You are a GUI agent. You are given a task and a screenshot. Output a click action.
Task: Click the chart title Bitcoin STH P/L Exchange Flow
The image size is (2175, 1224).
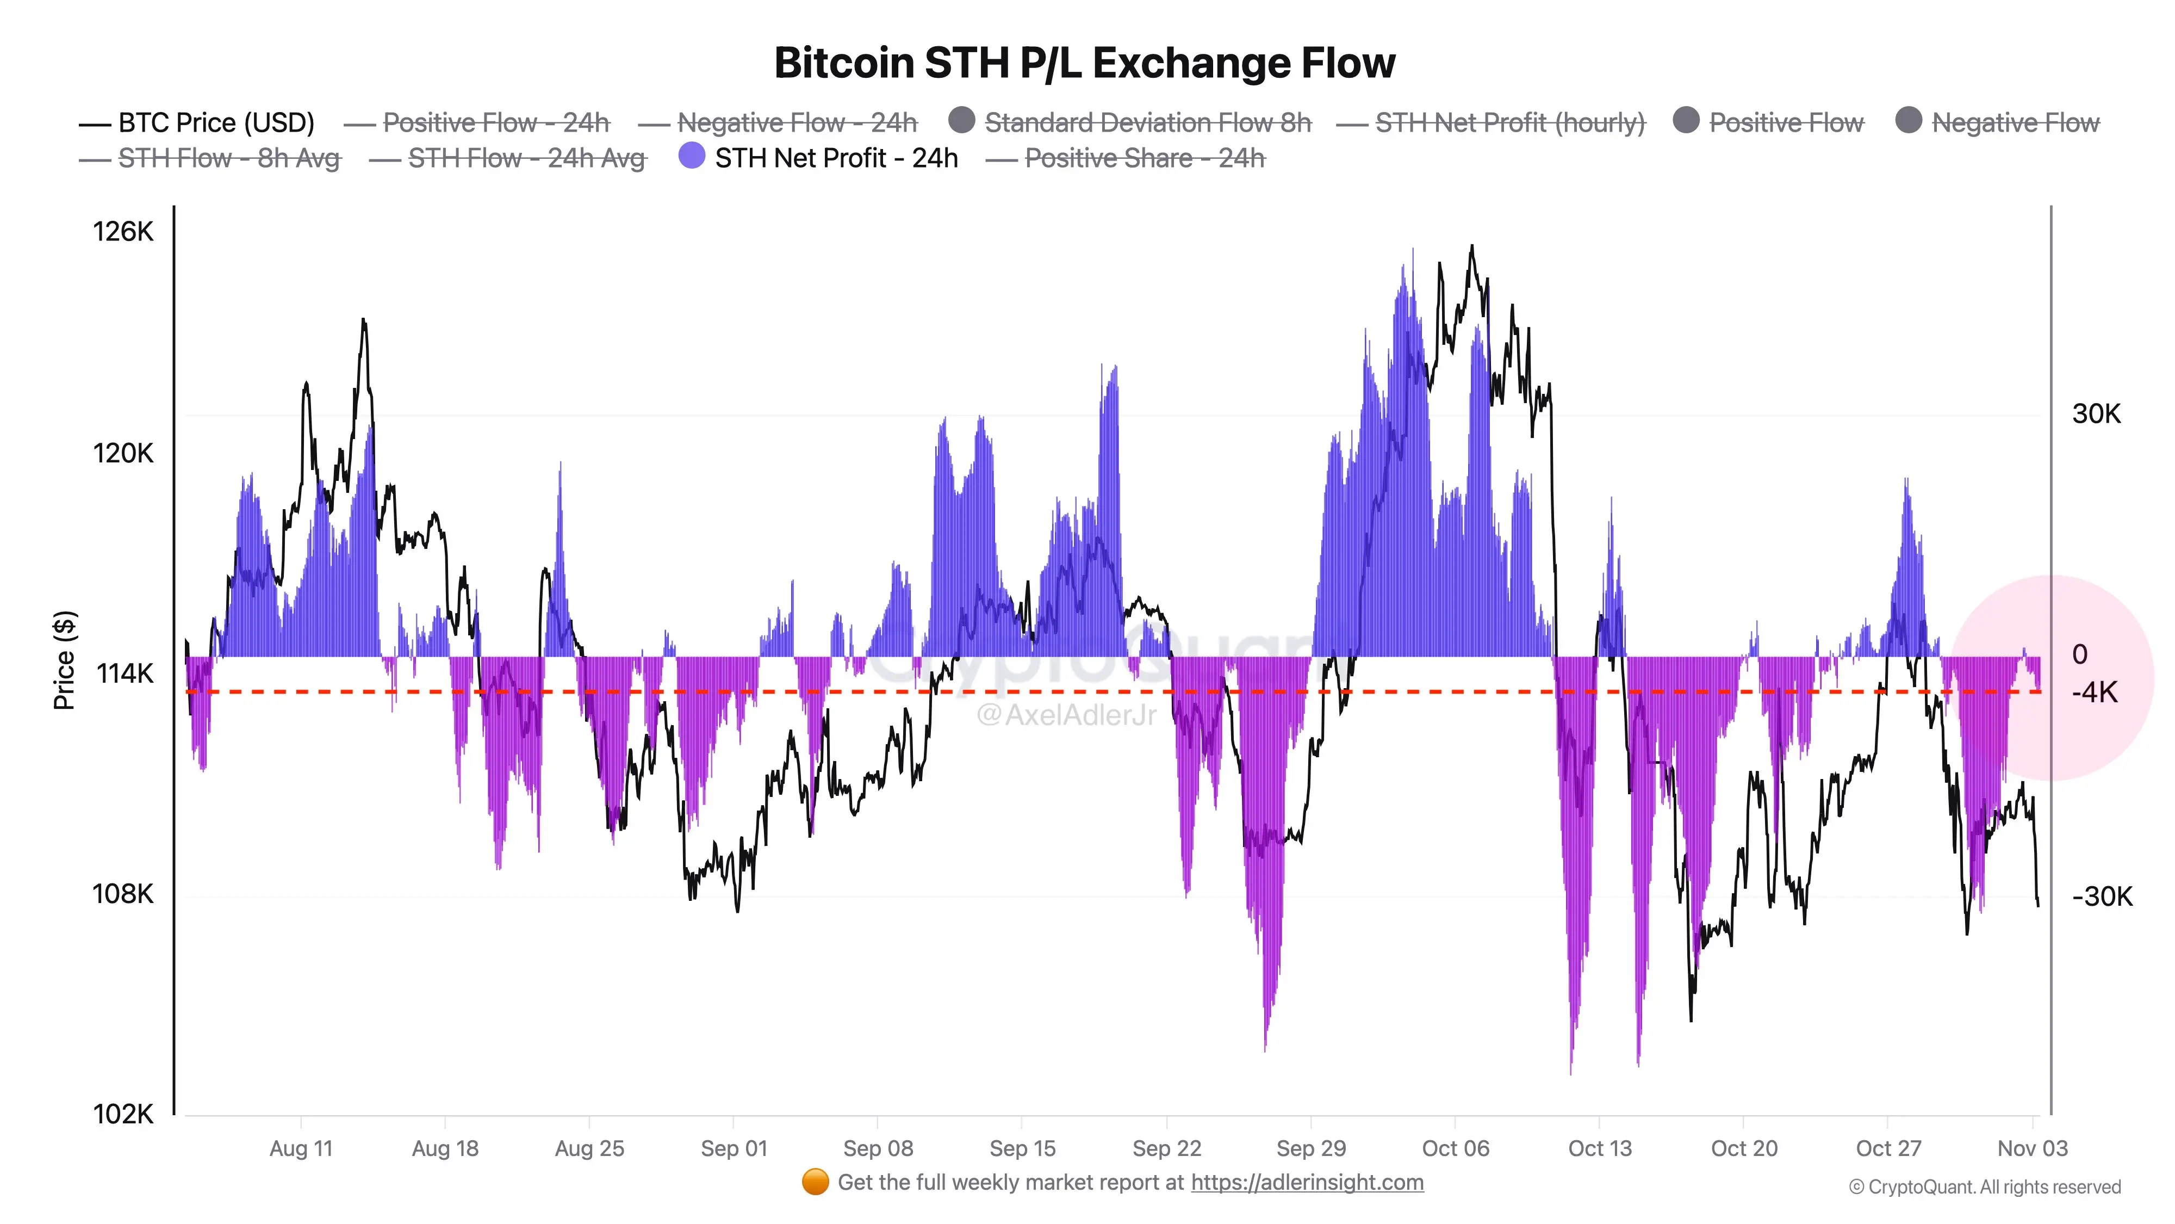click(1085, 63)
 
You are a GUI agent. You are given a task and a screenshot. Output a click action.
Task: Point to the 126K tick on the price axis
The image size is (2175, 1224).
click(123, 231)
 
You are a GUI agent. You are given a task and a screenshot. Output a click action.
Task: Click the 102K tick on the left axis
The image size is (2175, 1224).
click(123, 1114)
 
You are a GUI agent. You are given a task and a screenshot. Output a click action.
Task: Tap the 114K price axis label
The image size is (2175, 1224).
click(124, 673)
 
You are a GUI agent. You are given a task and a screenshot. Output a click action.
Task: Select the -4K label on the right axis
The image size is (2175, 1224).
click(2095, 693)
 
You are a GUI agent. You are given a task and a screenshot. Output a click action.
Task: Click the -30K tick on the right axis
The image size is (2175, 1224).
click(2102, 897)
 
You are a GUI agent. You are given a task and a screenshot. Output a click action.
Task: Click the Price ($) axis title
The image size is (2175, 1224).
click(64, 660)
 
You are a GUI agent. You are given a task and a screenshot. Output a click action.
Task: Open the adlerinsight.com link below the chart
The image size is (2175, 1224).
click(1307, 1183)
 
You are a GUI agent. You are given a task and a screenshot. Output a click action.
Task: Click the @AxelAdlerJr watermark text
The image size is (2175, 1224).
click(1066, 715)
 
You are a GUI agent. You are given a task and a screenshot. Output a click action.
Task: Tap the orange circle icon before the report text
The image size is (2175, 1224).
click(815, 1183)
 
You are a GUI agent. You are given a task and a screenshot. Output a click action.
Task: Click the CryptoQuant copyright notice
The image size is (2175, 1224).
click(1984, 1188)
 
